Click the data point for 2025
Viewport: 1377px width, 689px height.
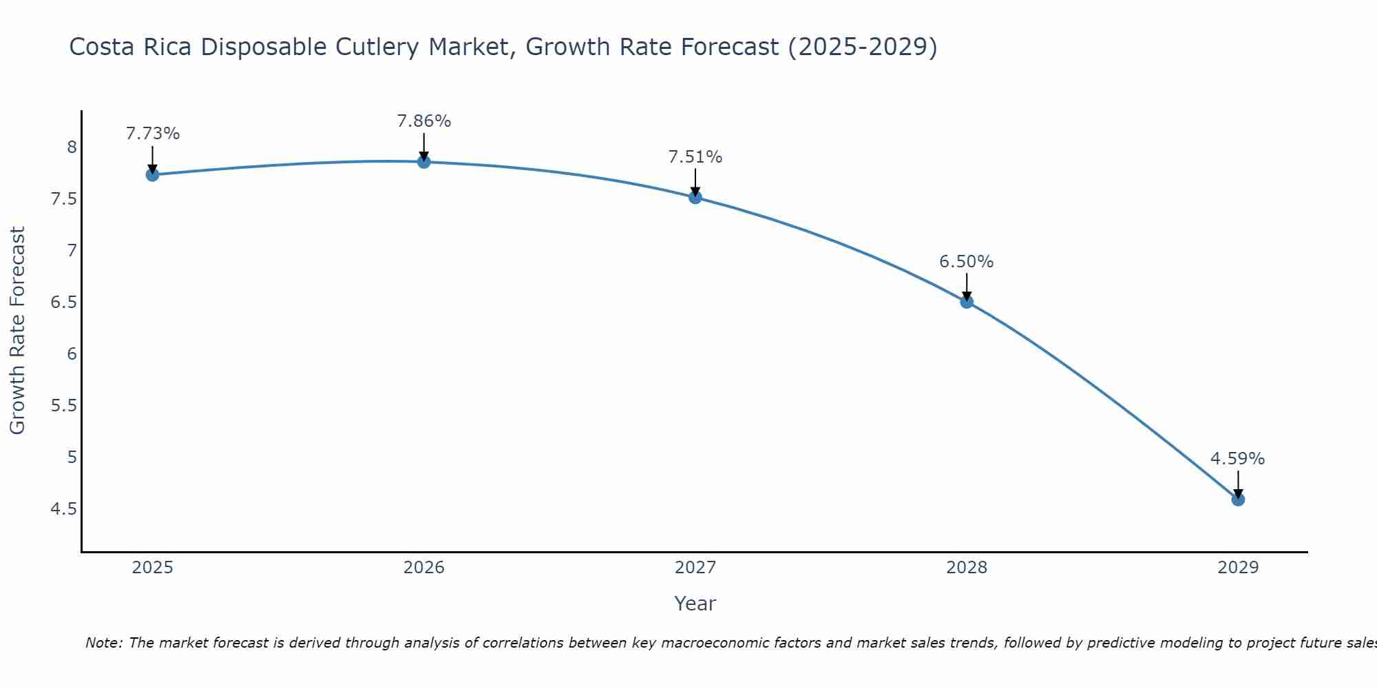[x=153, y=175]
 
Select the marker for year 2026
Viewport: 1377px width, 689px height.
[x=424, y=162]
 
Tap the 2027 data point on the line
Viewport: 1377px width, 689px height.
[x=695, y=198]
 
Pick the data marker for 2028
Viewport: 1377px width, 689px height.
[x=967, y=302]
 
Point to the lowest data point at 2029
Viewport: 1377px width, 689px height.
[x=1238, y=500]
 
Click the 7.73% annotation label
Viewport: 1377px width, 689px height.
[x=153, y=134]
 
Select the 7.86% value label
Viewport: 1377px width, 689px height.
[x=424, y=121]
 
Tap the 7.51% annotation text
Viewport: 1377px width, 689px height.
[x=695, y=157]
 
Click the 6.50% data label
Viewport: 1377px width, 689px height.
[x=967, y=262]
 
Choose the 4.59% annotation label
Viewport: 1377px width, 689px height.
[x=1238, y=459]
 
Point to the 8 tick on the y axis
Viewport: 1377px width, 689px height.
[x=72, y=147]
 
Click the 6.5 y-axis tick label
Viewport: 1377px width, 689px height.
[x=64, y=302]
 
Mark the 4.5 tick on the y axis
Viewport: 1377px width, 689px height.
[x=64, y=509]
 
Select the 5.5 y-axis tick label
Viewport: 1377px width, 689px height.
[x=64, y=406]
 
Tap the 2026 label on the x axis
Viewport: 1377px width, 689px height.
[x=424, y=568]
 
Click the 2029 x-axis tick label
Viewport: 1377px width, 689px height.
[x=1238, y=568]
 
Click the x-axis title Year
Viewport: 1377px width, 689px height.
[x=695, y=604]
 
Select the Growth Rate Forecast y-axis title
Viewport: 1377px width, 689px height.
[x=18, y=331]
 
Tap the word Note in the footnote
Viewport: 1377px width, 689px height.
[x=103, y=643]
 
